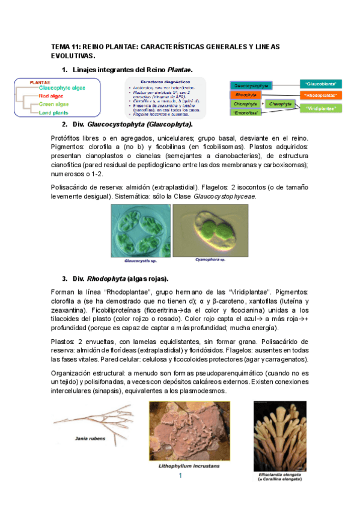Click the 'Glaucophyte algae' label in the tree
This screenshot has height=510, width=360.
[62, 88]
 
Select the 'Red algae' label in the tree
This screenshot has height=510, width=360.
[52, 96]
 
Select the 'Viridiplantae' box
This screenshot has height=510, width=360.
[320, 108]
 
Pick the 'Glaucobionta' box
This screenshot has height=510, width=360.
[320, 84]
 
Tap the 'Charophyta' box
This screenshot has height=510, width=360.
[280, 104]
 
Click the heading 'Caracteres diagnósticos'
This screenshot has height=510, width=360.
[164, 81]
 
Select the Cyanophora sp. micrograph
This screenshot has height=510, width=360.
[210, 230]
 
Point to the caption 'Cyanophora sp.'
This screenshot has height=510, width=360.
[210, 260]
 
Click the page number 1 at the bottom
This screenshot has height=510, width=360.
[180, 476]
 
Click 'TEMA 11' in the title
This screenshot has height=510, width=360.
[65, 46]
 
